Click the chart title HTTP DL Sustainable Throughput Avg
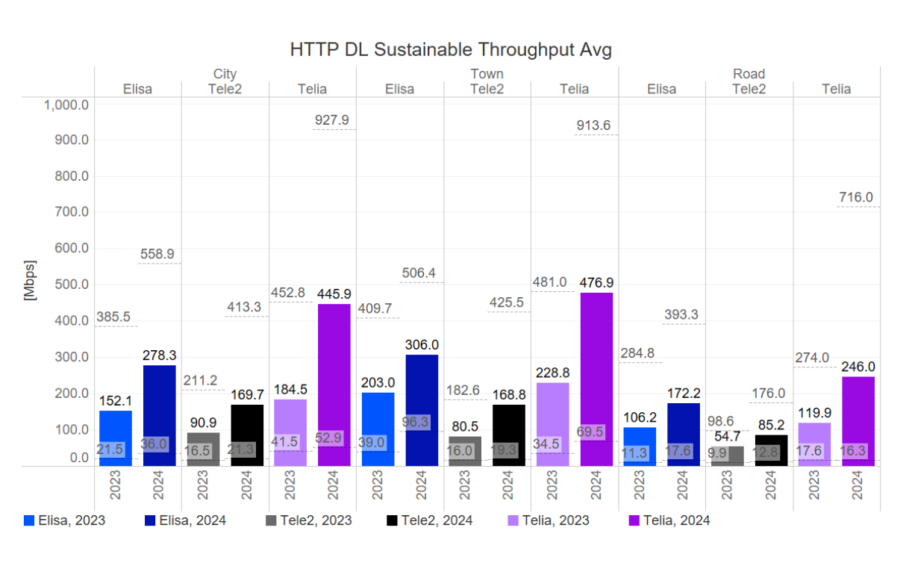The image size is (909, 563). tap(451, 50)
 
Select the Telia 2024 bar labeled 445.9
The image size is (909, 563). tap(334, 385)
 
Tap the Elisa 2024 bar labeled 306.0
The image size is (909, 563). tap(421, 410)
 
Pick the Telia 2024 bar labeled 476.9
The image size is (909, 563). tap(596, 379)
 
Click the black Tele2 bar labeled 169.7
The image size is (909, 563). tap(247, 435)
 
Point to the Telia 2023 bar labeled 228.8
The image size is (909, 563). tap(552, 424)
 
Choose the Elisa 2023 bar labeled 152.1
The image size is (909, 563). tap(116, 438)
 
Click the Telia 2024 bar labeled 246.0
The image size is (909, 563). tap(858, 421)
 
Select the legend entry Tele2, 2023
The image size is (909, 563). tap(309, 520)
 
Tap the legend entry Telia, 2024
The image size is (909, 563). tap(669, 520)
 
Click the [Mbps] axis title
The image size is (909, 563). tap(31, 281)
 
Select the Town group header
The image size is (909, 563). tap(487, 74)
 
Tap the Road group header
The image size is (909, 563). tap(749, 74)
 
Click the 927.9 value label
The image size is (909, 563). tap(333, 120)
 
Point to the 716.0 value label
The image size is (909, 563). tap(855, 197)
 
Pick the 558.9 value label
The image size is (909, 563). tap(158, 254)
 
